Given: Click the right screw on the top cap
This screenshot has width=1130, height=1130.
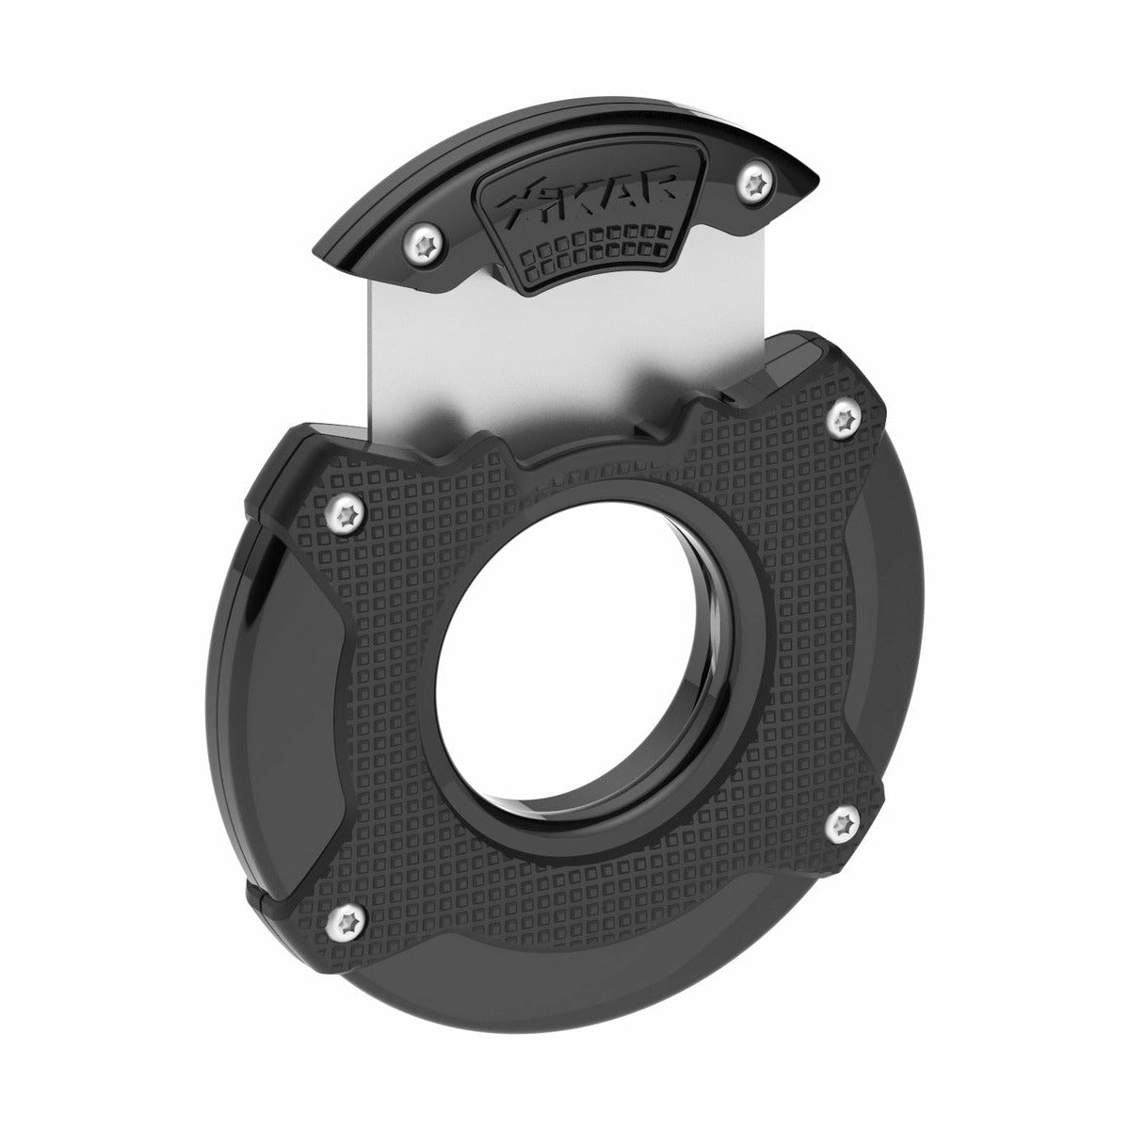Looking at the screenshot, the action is click(756, 184).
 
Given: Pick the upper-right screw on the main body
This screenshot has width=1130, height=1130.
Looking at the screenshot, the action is click(844, 417).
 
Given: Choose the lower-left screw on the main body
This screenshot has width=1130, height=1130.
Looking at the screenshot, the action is click(347, 925).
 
